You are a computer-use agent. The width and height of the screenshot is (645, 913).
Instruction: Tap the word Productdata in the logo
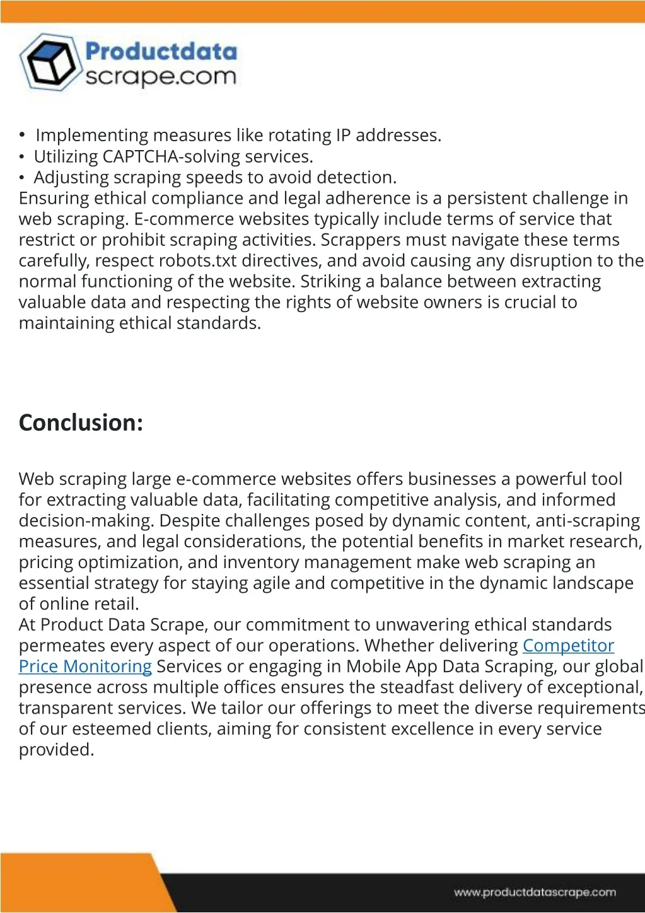point(161,52)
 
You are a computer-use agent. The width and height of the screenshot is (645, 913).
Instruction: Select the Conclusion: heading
point(81,422)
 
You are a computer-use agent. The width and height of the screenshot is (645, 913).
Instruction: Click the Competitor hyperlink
point(568,646)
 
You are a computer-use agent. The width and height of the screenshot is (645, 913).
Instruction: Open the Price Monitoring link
point(85,666)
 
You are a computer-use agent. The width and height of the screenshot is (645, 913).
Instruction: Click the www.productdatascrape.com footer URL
point(535,892)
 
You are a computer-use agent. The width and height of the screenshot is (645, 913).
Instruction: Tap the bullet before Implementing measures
point(22,135)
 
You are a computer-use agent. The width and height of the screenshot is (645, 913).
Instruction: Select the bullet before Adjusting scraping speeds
point(22,178)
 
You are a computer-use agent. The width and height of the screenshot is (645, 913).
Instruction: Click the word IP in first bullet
point(343,136)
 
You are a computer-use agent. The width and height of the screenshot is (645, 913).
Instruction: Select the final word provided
point(56,750)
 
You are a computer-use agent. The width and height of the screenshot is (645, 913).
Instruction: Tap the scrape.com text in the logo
point(160,77)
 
